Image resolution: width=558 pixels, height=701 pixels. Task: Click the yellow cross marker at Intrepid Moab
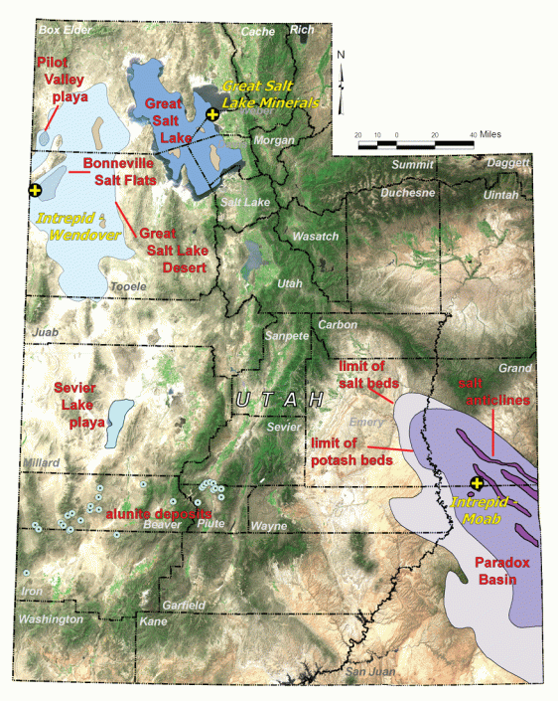478,483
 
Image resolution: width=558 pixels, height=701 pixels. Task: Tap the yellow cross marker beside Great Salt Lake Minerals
211,115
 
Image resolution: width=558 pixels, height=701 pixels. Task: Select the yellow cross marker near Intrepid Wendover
36,188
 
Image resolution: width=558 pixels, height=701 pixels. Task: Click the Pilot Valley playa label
62,80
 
